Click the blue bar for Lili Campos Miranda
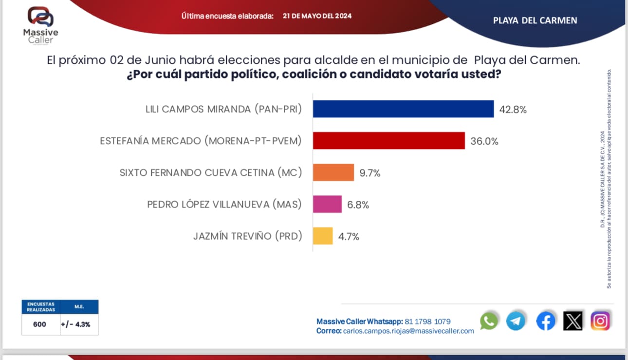[403, 109]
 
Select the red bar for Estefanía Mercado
[388, 141]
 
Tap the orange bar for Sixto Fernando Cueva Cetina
[333, 172]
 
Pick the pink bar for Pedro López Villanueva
[327, 204]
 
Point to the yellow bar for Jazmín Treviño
[323, 236]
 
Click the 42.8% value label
[513, 110]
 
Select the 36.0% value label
[484, 141]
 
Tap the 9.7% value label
[370, 173]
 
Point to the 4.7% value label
[349, 237]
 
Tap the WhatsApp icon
[489, 321]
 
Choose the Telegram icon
[516, 321]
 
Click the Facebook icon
[546, 321]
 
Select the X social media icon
[573, 321]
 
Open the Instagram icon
[600, 321]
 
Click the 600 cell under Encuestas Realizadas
[40, 324]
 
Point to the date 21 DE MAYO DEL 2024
[317, 16]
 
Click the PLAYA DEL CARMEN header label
[535, 20]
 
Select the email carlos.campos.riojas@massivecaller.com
[408, 331]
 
